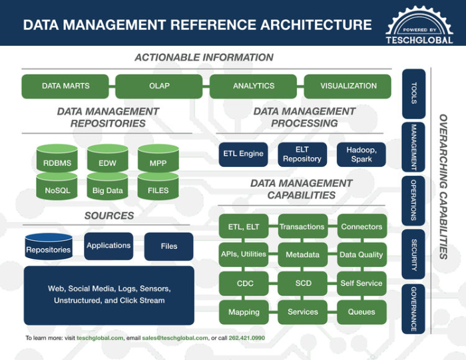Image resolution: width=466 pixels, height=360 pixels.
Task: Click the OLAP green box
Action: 159,86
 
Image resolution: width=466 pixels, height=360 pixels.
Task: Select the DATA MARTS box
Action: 65,86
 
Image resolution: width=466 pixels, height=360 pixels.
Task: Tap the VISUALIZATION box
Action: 348,86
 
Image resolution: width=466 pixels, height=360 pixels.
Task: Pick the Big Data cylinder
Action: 107,190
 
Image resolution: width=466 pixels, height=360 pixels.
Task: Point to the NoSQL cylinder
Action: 57,190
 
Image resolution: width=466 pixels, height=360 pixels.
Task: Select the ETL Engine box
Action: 243,154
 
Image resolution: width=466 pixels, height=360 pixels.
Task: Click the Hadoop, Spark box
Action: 361,154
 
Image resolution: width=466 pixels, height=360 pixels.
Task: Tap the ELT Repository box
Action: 302,154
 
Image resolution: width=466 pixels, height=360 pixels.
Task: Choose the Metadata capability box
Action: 302,255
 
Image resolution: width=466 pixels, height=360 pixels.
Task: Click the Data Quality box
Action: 361,255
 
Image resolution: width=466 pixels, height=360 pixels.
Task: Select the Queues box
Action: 361,311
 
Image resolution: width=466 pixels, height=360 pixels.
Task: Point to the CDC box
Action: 244,283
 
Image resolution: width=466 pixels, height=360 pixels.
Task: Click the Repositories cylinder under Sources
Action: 48,248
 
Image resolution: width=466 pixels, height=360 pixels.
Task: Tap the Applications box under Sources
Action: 109,246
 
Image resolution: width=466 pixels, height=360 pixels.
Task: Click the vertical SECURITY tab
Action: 414,254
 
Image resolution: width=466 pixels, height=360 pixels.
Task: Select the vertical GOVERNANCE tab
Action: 414,309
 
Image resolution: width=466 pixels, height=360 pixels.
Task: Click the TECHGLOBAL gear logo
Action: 419,25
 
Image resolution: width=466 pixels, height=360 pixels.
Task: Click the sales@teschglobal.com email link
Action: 174,338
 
